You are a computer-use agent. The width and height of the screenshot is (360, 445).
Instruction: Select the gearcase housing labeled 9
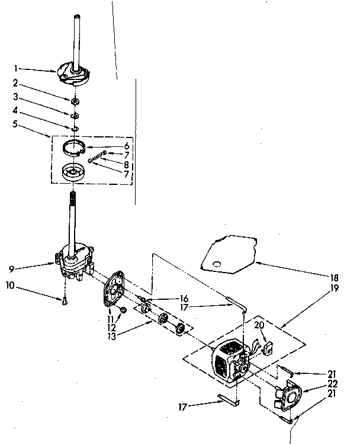pos(73,260)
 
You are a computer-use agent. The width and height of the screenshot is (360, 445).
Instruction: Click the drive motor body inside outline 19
pos(228,361)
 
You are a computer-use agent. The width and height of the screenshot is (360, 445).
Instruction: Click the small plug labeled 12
pos(123,309)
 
